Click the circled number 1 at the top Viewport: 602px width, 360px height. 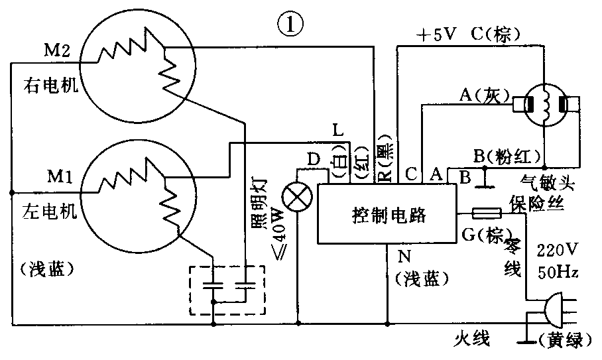290,26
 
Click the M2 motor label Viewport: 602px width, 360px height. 57,51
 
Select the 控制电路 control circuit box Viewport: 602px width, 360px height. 387,215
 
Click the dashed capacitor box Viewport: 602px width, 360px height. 227,290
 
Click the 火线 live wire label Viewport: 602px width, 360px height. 472,341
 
